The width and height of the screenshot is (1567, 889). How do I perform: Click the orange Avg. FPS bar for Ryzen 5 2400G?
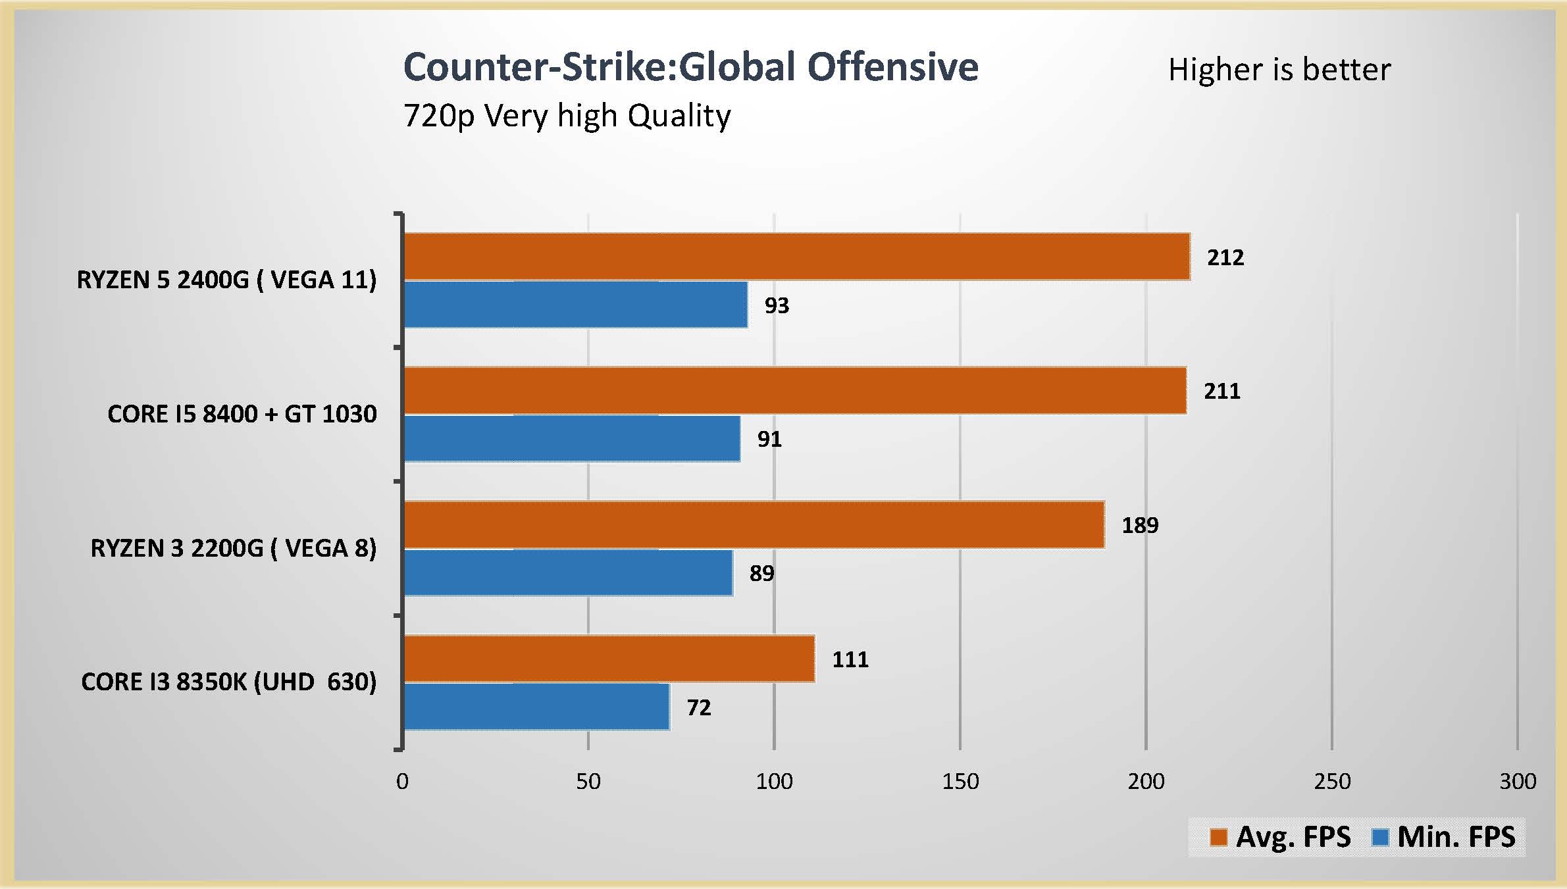click(x=796, y=257)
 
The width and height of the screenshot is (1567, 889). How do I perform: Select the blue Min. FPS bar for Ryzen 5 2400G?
click(x=575, y=305)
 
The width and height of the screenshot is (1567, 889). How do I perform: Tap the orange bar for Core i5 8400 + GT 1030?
click(x=794, y=390)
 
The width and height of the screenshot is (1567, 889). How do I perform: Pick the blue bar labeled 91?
click(x=571, y=438)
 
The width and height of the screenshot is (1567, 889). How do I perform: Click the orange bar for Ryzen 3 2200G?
click(x=754, y=524)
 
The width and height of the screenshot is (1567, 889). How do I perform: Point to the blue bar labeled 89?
click(x=568, y=572)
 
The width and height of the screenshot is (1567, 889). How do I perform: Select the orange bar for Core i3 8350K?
click(x=609, y=659)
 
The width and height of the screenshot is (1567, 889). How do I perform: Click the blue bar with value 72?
click(x=536, y=707)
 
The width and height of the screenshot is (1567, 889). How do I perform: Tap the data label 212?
click(x=1225, y=257)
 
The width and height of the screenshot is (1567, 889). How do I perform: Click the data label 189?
click(x=1140, y=525)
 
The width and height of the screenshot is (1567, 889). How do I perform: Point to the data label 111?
click(x=850, y=659)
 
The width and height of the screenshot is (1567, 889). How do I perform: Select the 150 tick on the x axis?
click(x=960, y=781)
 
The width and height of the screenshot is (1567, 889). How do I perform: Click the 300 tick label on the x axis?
click(x=1518, y=781)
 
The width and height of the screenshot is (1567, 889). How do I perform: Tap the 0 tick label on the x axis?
click(x=402, y=781)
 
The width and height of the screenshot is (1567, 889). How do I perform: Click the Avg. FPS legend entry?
click(x=1281, y=837)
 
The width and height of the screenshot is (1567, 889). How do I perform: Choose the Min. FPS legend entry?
click(x=1444, y=837)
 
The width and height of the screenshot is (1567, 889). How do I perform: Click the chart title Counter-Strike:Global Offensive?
click(x=690, y=67)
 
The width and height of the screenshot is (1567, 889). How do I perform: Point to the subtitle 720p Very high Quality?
click(x=567, y=116)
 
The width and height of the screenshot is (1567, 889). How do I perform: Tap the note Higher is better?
click(x=1279, y=70)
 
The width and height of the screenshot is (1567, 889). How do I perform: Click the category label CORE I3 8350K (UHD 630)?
click(x=228, y=682)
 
